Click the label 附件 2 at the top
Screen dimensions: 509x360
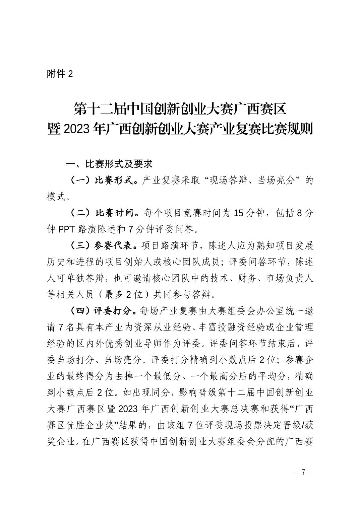point(60,74)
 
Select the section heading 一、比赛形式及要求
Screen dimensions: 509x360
point(109,164)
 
